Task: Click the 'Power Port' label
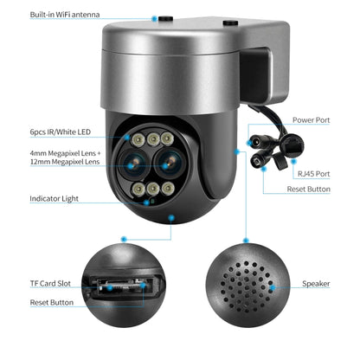pyautogui.click(x=312, y=120)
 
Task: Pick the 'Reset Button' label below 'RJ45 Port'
pyautogui.click(x=309, y=189)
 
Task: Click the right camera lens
pyautogui.click(x=169, y=159)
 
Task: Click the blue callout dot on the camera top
pyautogui.click(x=157, y=16)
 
